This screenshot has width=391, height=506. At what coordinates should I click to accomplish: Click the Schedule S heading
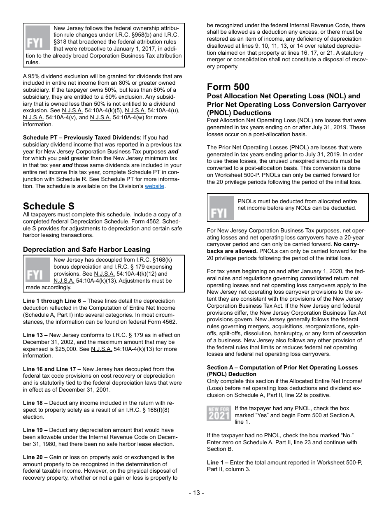[x=49, y=206]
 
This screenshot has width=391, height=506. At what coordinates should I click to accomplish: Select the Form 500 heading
[x=228, y=87]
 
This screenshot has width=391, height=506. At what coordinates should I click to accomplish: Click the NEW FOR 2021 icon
[x=219, y=413]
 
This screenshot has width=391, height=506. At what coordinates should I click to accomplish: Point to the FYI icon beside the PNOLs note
[x=221, y=208]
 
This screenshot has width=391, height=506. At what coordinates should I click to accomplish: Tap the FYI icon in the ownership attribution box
[x=37, y=38]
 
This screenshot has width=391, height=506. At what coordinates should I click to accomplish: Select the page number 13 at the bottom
[x=196, y=493]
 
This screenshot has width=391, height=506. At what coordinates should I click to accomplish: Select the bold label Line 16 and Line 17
[x=52, y=369]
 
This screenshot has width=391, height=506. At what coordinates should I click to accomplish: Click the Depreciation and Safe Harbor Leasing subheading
[x=86, y=249]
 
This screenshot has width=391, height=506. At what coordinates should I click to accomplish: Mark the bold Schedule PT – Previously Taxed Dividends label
[x=81, y=138]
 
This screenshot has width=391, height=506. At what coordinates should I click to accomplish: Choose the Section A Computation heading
[x=282, y=371]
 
